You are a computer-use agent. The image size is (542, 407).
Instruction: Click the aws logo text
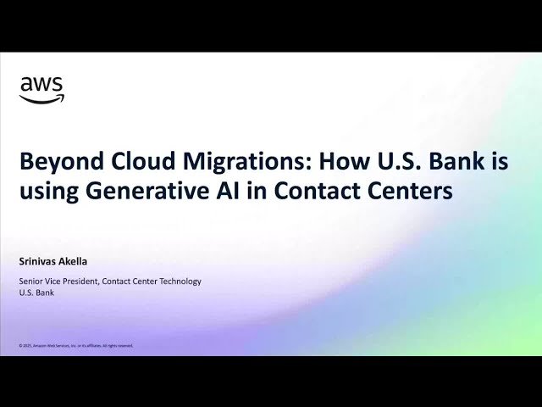41,85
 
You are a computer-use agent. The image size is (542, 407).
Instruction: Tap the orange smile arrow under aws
41,99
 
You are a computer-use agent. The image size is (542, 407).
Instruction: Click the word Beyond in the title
53,162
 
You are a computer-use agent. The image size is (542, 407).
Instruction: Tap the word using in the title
48,192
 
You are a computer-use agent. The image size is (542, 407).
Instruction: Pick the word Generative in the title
139,191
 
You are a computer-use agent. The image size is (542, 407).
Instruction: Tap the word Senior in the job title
33,281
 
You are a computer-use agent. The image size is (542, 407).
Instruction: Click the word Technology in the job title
179,281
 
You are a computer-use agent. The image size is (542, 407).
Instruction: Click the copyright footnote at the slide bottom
75,346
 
